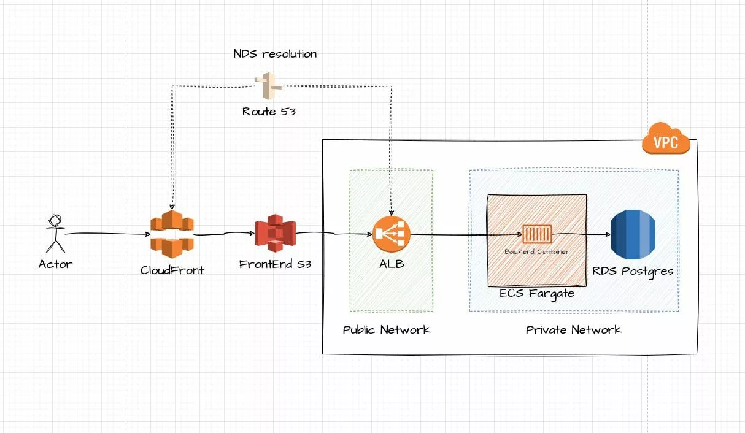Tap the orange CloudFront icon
point(171,234)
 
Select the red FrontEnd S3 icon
point(276,234)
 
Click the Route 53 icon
point(268,86)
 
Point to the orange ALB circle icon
point(391,234)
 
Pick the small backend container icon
point(537,234)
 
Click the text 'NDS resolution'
point(275,54)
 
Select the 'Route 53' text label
point(269,112)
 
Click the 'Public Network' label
point(387,330)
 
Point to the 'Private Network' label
point(574,330)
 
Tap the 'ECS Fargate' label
point(537,293)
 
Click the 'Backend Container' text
point(537,251)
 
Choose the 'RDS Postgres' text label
point(633,270)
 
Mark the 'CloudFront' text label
point(172,270)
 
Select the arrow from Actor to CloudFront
point(107,234)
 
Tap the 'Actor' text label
point(55,264)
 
